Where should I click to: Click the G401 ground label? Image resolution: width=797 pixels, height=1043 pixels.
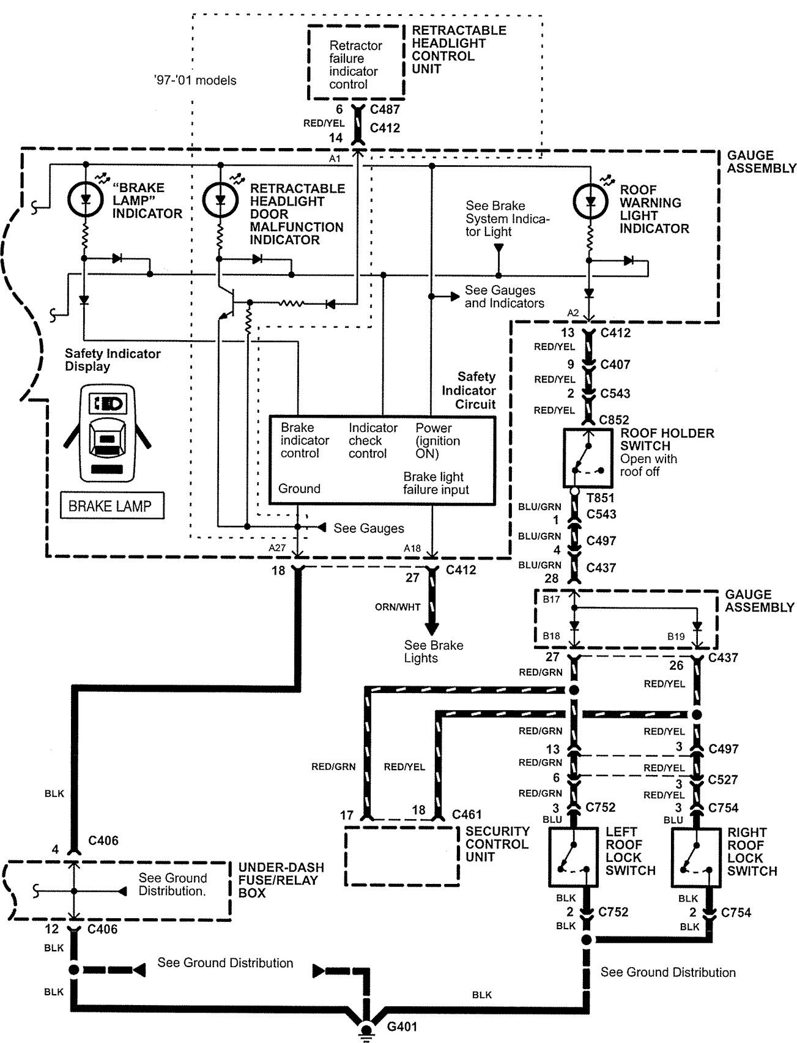click(x=402, y=1026)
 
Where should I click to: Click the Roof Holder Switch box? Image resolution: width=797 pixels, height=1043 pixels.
click(x=587, y=458)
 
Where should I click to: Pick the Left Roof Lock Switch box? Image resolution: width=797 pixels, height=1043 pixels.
click(x=573, y=858)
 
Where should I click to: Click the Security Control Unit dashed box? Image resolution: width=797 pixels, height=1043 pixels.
click(x=402, y=856)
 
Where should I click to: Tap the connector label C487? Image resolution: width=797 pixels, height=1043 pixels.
click(x=385, y=109)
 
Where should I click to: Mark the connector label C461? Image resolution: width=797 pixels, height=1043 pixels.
click(x=467, y=814)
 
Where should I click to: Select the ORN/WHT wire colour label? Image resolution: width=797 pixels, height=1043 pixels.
click(x=398, y=607)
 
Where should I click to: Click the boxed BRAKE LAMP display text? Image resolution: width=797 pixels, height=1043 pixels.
click(x=112, y=506)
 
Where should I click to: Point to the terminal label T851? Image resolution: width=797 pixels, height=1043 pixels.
click(x=600, y=498)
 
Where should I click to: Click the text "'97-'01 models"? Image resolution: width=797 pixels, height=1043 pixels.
click(x=195, y=80)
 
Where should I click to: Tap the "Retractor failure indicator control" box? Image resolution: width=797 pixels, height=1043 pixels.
click(x=355, y=63)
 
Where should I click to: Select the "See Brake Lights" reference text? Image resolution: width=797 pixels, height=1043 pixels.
click(x=433, y=651)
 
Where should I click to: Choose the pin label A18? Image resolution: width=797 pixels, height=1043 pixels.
click(x=412, y=549)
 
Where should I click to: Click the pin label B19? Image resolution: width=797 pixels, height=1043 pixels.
click(x=676, y=636)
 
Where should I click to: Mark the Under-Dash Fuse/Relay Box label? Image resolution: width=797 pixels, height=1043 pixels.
click(x=281, y=880)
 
